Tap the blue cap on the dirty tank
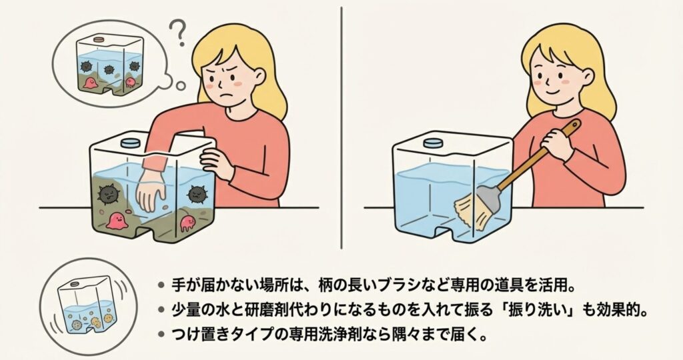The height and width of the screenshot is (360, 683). (129, 143)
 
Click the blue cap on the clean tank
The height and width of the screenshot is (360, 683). (432, 143)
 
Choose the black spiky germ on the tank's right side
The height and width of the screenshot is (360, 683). (197, 195)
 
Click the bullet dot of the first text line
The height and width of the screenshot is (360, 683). (161, 286)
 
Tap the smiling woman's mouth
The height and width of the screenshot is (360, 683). (552, 93)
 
